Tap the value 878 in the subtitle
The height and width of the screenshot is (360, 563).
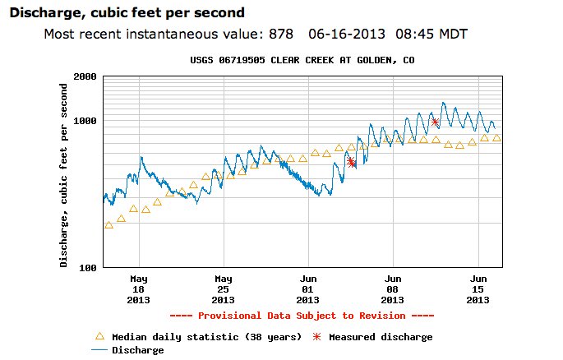coord(283,34)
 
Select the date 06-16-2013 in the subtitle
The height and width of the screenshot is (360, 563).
coord(346,34)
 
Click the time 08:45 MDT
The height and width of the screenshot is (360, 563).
coord(430,34)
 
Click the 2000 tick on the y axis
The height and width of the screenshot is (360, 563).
coord(85,76)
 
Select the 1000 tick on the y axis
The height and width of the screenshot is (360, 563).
coord(85,121)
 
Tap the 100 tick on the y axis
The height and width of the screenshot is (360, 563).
coord(88,268)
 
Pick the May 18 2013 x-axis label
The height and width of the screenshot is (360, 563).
coord(139,289)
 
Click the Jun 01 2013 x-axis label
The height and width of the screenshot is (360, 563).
coord(309,289)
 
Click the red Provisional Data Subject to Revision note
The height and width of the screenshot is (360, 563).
coord(302,316)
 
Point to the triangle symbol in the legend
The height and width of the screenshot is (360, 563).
coord(99,336)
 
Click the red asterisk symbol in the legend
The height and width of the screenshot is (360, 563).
coord(316,337)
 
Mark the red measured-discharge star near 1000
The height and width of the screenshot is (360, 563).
coord(435,122)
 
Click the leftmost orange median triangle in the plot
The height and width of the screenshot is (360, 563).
coord(108,224)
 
